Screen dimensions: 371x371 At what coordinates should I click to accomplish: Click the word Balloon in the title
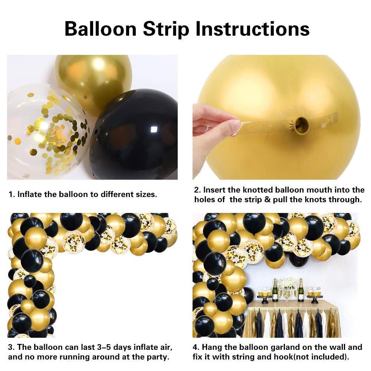101,29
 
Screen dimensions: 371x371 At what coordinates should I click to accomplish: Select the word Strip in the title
166,30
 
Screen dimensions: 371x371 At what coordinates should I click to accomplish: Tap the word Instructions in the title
252,29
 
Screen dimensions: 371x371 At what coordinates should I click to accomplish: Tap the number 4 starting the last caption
195,347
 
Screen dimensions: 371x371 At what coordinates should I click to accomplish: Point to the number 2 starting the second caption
197,190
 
